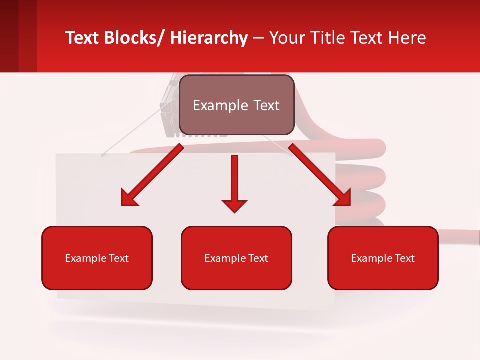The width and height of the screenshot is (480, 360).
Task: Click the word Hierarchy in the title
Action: click(209, 38)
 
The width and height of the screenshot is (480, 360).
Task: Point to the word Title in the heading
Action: click(329, 38)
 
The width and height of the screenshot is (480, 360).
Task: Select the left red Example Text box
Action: click(97, 258)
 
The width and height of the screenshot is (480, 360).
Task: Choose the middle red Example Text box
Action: click(236, 258)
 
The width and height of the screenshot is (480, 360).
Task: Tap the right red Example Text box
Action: click(383, 258)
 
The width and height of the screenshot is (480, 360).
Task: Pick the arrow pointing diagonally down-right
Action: click(320, 175)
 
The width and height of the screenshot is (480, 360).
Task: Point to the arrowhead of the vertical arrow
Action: click(234, 205)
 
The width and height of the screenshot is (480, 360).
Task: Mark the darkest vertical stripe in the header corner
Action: click(9, 36)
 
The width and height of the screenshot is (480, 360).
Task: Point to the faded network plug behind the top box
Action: click(169, 107)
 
